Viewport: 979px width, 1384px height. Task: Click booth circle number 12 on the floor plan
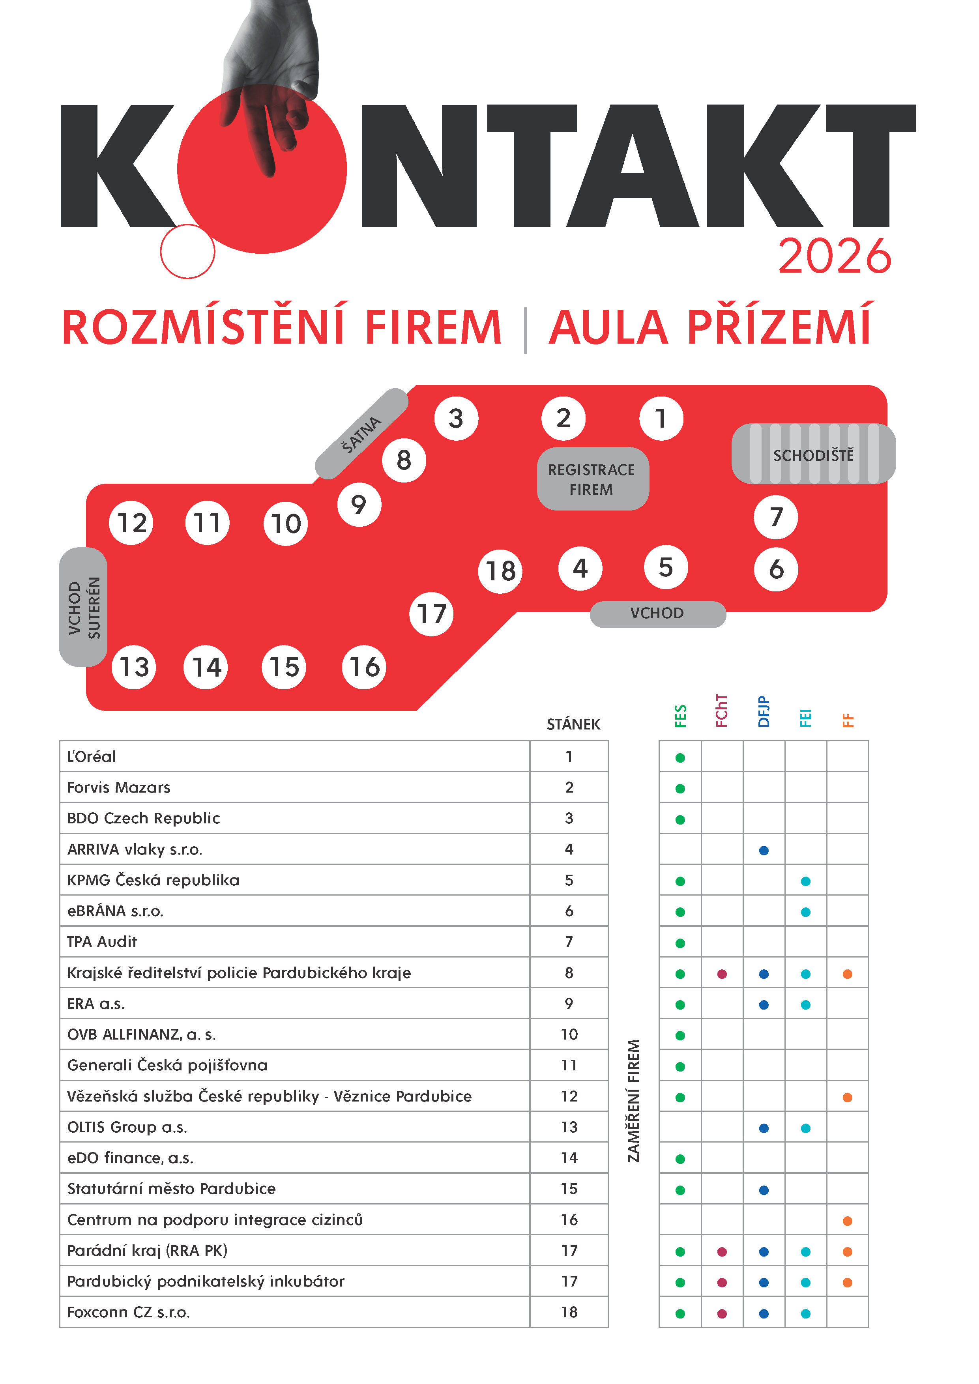[x=131, y=523]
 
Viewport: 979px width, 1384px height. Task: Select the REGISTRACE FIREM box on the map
[x=592, y=479]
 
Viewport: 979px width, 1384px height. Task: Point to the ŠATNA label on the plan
[x=362, y=434]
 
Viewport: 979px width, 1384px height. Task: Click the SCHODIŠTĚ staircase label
[x=813, y=455]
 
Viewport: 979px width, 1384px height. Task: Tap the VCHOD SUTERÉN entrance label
[x=84, y=607]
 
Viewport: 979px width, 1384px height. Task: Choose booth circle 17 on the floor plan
[x=432, y=613]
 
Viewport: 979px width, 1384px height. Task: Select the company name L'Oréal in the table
[x=92, y=756]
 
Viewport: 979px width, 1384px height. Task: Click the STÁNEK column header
[x=573, y=724]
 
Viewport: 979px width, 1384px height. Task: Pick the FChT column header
[x=722, y=711]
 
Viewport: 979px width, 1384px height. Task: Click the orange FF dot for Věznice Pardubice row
[x=848, y=1097]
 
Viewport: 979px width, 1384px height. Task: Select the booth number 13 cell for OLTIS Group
[x=569, y=1127]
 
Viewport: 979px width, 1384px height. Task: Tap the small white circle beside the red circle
[x=187, y=251]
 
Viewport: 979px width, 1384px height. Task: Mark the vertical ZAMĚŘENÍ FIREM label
[x=634, y=1100]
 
